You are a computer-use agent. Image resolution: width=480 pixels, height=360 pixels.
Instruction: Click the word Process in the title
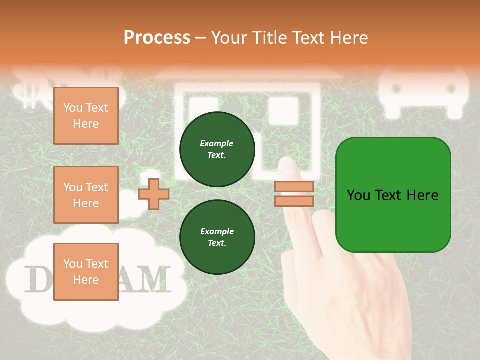pos(157,38)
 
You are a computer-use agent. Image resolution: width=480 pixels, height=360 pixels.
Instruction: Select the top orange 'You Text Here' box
pos(86,116)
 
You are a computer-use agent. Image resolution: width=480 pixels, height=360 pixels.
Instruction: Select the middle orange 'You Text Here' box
pos(86,195)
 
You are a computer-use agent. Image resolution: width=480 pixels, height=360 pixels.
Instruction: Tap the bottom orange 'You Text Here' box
pos(86,272)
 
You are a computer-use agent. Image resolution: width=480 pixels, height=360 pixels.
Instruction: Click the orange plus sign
pos(153,194)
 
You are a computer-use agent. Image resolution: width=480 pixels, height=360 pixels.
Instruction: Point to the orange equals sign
pos(294,194)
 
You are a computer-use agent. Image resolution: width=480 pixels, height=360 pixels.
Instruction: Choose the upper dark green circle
pos(217,149)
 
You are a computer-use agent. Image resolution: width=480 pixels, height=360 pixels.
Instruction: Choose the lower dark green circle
pos(217,237)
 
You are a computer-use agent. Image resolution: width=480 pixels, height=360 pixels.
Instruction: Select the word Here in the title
pos(348,38)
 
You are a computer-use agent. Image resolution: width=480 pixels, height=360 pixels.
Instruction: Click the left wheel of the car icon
pos(396,89)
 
